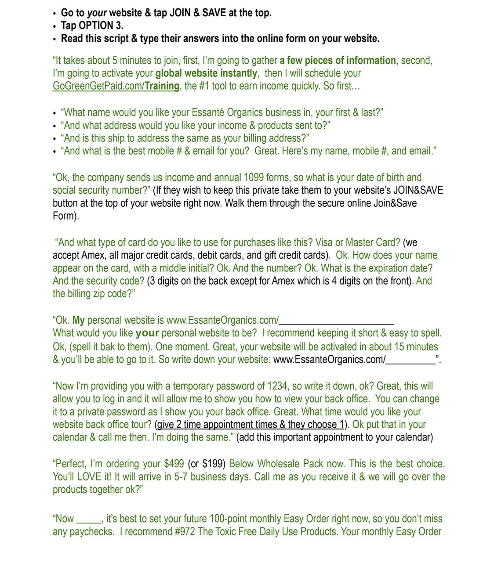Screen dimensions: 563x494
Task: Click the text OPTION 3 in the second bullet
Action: click(x=100, y=25)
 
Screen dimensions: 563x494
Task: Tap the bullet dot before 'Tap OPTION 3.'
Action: click(x=54, y=26)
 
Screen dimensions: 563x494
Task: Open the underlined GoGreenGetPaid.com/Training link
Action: click(x=116, y=86)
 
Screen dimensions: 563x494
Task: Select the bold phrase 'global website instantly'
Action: click(x=206, y=73)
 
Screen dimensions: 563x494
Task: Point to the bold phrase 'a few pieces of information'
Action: click(x=338, y=61)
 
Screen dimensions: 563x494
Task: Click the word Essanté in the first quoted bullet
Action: click(x=208, y=112)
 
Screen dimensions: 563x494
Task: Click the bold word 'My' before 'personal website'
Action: click(x=79, y=320)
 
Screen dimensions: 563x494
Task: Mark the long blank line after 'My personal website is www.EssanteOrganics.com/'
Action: click(x=336, y=321)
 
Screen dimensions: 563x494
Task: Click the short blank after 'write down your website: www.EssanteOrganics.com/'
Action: click(x=410, y=361)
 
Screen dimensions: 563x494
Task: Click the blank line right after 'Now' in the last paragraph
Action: click(x=89, y=521)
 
